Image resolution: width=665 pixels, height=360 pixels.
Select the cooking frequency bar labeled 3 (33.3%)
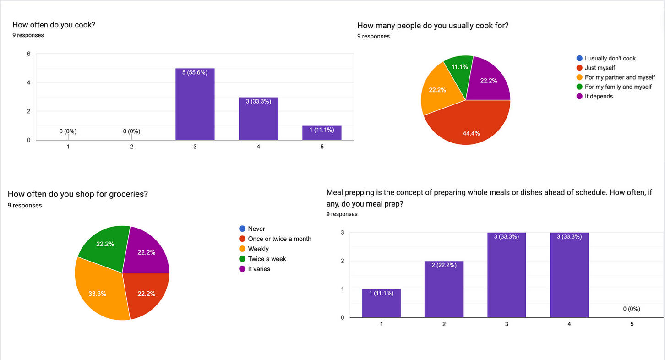click(x=258, y=119)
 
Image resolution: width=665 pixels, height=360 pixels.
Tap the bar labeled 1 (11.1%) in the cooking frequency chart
click(x=322, y=133)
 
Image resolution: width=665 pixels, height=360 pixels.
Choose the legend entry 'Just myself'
click(x=600, y=68)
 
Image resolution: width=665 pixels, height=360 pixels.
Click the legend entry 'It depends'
click(x=599, y=96)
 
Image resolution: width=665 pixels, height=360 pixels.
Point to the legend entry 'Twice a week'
click(x=267, y=259)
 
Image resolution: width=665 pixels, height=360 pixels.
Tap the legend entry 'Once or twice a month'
click(x=279, y=239)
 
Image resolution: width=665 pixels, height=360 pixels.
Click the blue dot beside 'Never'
click(x=242, y=229)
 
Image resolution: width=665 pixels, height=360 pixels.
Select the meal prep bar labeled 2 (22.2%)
click(x=444, y=289)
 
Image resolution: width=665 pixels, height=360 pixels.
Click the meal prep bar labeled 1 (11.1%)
click(x=381, y=303)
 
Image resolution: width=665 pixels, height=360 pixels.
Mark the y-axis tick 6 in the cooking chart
click(x=29, y=54)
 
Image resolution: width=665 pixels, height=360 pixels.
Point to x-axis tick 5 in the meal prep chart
click(x=632, y=324)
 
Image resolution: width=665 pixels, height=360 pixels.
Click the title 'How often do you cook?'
click(x=54, y=25)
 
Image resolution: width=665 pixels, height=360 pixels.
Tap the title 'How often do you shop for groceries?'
click(x=78, y=194)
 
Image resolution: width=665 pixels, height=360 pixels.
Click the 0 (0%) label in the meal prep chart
click(x=632, y=309)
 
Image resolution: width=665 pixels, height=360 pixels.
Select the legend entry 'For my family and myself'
click(x=618, y=87)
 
